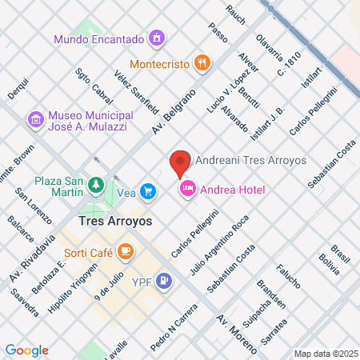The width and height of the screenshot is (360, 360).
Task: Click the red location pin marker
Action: (179, 162)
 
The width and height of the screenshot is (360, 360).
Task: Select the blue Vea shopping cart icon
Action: (147, 191)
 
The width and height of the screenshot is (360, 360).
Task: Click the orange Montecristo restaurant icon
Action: (202, 62)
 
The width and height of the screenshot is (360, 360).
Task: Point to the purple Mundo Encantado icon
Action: (157, 38)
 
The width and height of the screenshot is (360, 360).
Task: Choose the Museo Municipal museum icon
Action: (35, 119)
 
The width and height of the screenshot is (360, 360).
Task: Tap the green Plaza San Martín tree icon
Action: (96, 186)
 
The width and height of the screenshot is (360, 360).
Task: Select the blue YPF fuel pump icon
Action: (164, 281)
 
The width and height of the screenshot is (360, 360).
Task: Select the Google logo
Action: (27, 350)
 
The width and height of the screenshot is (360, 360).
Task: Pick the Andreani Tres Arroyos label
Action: (250, 160)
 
